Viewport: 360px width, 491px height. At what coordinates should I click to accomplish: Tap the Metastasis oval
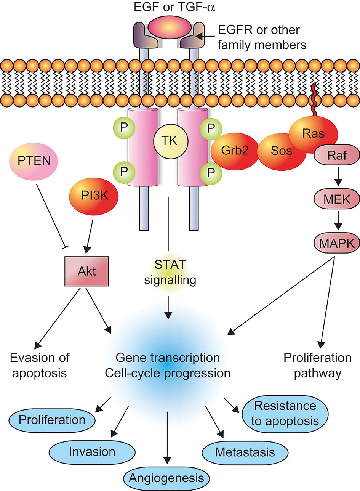pyautogui.click(x=244, y=452)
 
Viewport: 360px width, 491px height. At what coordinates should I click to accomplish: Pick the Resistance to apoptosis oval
pyautogui.click(x=285, y=414)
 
